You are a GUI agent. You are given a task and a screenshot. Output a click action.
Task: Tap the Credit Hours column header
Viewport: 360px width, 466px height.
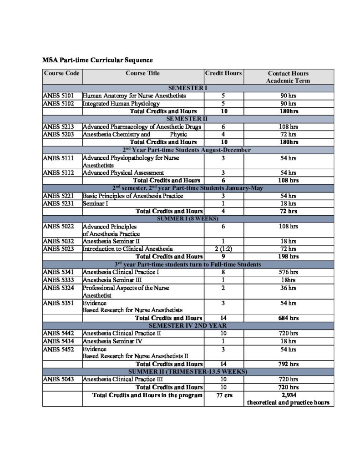223,73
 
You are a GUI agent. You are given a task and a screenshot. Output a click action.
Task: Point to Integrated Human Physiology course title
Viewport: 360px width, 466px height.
121,104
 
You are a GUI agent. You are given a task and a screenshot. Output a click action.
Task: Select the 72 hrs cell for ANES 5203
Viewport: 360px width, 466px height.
288,134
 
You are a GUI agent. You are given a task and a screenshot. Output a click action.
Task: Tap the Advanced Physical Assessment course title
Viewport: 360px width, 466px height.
123,173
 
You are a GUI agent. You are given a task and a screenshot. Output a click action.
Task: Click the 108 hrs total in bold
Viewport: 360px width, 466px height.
288,180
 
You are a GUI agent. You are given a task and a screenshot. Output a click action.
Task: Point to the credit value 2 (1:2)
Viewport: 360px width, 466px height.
223,249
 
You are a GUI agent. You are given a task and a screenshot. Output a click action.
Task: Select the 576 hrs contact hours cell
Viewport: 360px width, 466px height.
288,272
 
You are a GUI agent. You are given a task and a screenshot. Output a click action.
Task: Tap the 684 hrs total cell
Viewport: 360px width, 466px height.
288,318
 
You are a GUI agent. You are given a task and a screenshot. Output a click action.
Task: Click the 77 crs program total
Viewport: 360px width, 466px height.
223,395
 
